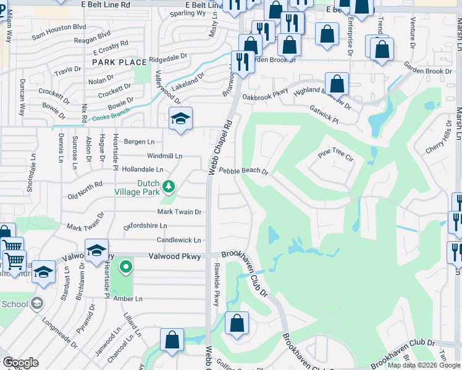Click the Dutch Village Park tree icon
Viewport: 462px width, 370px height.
pos(167,186)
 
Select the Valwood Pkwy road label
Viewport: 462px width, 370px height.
pos(175,256)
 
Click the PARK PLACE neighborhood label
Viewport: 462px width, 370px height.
pos(120,62)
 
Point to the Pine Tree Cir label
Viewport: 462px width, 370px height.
pos(335,154)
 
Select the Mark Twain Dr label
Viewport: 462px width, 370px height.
pos(179,212)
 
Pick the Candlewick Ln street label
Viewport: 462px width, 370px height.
pos(178,240)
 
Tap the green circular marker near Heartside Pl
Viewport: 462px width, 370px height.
pos(126,267)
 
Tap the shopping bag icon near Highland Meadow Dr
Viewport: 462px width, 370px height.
pos(337,84)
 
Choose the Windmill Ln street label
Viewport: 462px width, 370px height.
pos(164,156)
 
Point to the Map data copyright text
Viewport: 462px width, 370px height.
pos(424,365)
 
